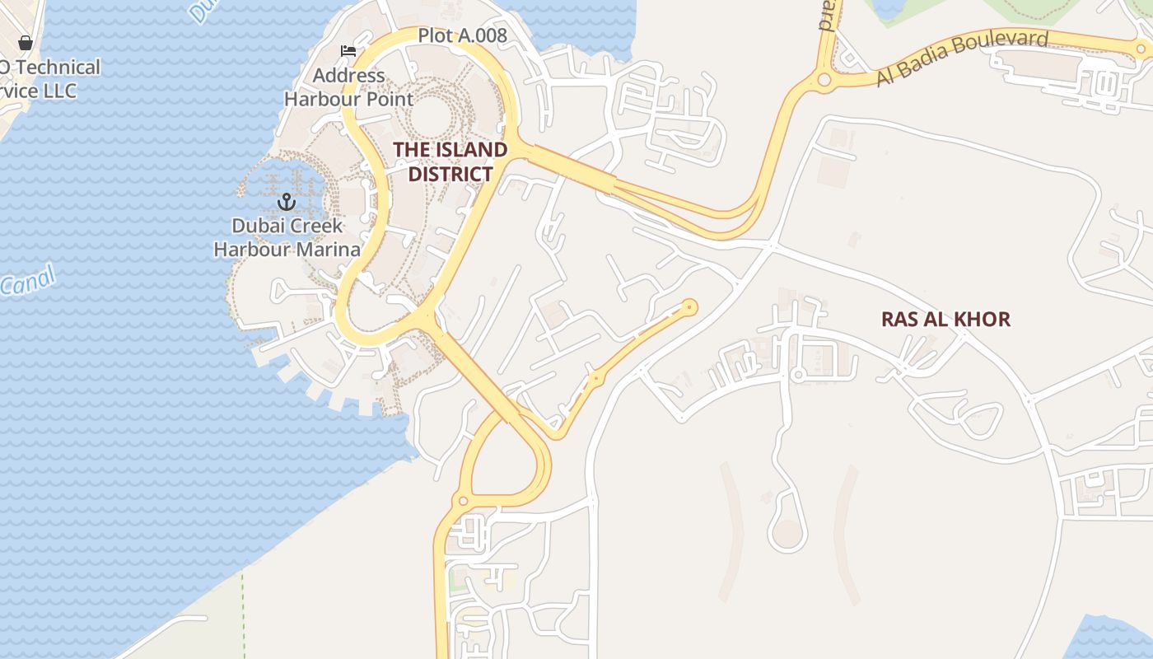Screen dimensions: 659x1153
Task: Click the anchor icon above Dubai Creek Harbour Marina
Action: point(286,202)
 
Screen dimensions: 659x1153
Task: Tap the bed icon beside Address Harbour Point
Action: point(348,50)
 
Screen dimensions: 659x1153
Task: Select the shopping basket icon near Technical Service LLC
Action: point(26,43)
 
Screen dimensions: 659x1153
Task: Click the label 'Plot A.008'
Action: point(462,35)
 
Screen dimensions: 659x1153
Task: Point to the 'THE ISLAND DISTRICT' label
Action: point(450,161)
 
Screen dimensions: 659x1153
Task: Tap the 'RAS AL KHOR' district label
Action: point(945,319)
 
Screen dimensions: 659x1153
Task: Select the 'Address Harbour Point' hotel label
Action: point(348,87)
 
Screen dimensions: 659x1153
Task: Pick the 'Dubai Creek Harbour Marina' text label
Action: point(287,237)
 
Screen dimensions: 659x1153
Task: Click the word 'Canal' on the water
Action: point(28,281)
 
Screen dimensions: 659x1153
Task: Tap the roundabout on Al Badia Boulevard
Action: point(824,80)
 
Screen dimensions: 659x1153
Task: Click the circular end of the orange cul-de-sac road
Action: point(690,307)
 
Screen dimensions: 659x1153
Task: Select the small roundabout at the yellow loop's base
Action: point(463,500)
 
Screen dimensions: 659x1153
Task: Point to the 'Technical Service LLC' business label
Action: point(49,79)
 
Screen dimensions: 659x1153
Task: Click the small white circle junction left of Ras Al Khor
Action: point(797,376)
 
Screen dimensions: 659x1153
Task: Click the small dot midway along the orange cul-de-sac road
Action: point(596,377)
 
